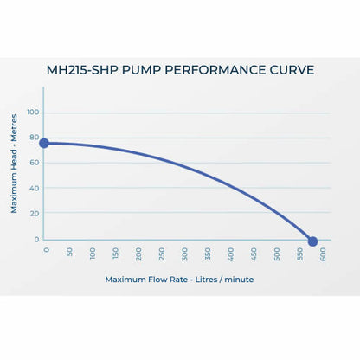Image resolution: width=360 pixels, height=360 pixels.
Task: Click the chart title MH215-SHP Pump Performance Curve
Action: pos(180,70)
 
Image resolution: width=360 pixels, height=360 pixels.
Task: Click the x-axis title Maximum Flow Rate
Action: pos(179,280)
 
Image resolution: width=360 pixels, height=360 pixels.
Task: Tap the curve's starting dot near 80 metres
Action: pos(44,143)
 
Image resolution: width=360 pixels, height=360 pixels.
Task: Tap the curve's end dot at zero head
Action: pos(312,241)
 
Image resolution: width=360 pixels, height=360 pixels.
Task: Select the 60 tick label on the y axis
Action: pos(34,163)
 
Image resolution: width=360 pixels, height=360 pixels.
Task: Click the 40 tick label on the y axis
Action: pos(34,188)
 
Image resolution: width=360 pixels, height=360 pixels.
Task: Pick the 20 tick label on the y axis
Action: pos(34,214)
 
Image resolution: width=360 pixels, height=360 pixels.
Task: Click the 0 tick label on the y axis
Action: pos(36,239)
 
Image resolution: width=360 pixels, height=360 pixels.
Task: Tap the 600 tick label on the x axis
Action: pos(323,254)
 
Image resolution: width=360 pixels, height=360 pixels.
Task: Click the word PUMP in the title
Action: pos(155,70)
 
